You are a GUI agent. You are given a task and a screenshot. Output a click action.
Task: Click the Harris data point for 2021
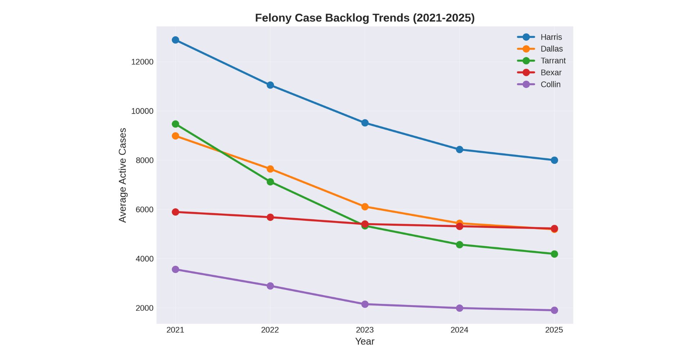point(175,40)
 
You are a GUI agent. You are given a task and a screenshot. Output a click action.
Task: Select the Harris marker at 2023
point(365,123)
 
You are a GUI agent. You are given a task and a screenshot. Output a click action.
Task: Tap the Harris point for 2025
point(554,160)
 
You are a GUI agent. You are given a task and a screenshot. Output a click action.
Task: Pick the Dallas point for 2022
point(270,169)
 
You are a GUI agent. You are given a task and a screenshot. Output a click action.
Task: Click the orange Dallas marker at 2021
point(175,136)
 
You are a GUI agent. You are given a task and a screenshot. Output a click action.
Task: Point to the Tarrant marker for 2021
point(175,124)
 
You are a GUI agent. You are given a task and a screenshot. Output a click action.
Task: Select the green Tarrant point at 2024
point(459,245)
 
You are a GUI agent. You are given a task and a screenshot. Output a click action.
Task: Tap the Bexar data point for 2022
point(270,217)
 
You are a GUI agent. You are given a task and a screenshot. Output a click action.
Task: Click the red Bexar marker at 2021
point(175,212)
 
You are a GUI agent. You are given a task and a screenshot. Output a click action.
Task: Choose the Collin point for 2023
point(365,304)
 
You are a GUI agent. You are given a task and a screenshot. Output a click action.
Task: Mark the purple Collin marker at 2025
point(554,310)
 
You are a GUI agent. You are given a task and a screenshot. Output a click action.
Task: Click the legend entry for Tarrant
point(553,60)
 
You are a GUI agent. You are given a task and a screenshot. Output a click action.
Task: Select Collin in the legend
point(550,84)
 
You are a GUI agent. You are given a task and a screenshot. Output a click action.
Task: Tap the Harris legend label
point(551,37)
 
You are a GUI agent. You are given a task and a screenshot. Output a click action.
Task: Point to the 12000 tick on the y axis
point(142,62)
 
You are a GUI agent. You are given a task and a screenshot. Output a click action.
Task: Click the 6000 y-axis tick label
point(144,210)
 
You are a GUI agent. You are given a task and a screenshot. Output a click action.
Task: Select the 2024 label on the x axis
point(459,330)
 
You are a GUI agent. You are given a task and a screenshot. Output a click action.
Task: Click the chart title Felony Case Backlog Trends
point(365,18)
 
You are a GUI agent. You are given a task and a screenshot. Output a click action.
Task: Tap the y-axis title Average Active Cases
point(123,175)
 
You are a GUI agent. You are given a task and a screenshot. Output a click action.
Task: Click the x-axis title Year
point(365,342)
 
